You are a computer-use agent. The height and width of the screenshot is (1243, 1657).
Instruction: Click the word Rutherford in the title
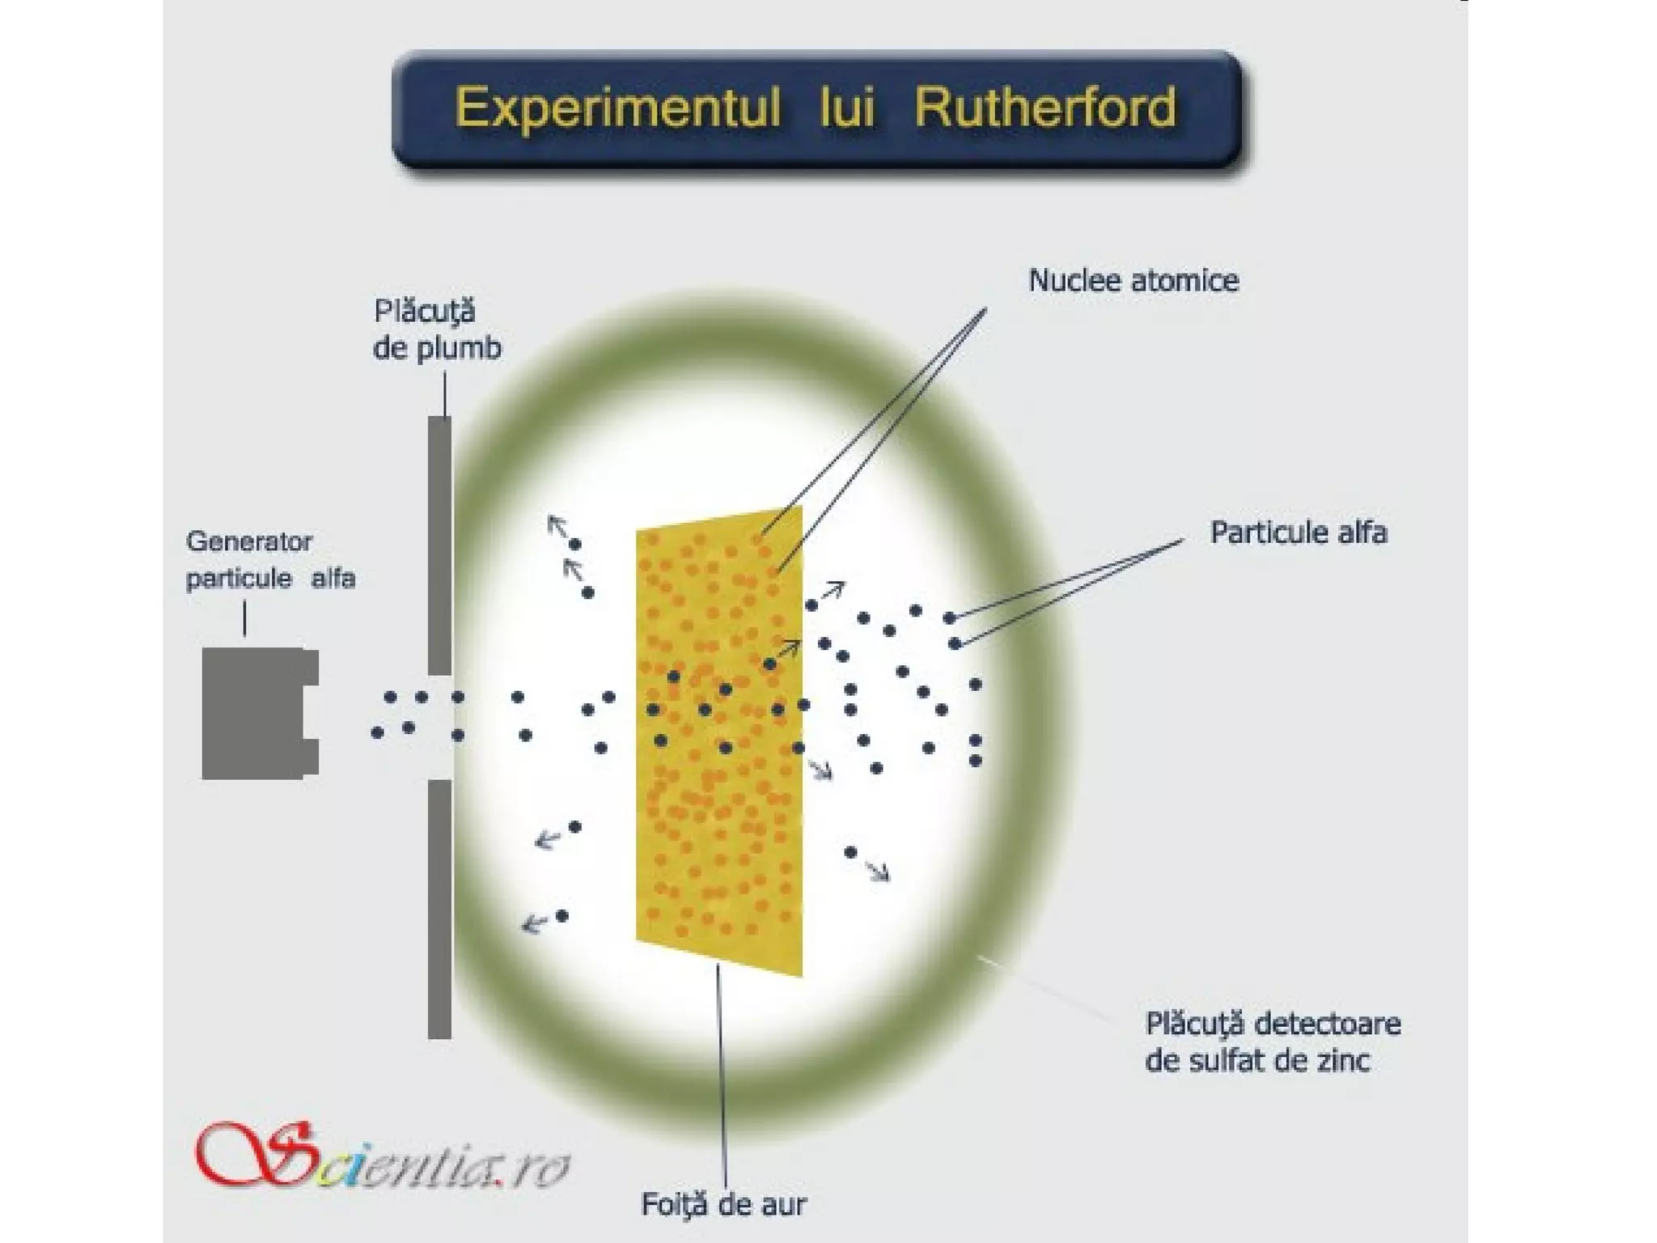pos(1045,108)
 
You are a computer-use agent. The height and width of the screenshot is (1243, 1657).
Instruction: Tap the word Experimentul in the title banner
pos(618,108)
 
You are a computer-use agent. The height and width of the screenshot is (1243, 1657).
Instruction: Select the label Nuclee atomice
pos(1133,281)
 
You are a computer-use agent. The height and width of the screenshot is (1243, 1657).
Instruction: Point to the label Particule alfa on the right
pos(1298,532)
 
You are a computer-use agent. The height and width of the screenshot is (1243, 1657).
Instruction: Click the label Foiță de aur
pos(723,1204)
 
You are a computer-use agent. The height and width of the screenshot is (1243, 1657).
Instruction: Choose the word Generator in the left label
pos(249,541)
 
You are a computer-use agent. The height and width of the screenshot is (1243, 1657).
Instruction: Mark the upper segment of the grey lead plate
pos(439,545)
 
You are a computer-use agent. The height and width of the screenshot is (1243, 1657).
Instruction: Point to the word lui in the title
pos(846,108)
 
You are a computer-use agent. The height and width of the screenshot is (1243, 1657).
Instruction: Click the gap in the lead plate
pos(439,727)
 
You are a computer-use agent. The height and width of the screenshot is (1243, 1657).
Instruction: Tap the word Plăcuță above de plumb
pos(425,312)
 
